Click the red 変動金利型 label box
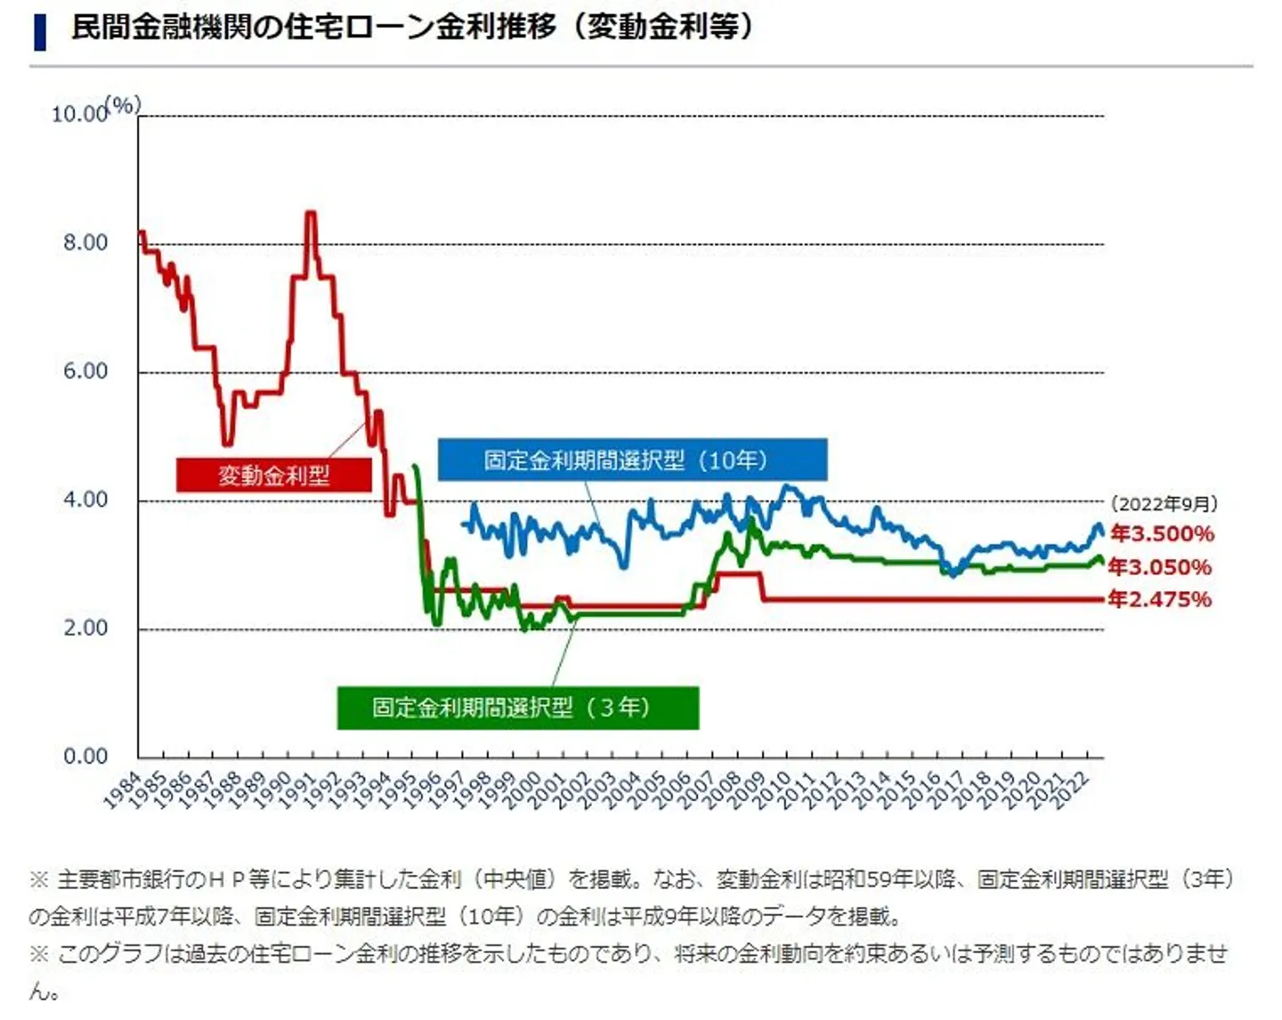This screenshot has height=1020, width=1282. tap(273, 475)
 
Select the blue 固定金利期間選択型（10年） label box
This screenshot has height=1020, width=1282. tap(632, 460)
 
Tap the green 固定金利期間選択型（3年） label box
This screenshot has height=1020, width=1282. tap(517, 708)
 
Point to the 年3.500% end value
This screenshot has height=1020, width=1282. tap(1162, 534)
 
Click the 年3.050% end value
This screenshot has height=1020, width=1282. tap(1160, 567)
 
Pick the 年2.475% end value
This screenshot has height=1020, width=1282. tap(1160, 599)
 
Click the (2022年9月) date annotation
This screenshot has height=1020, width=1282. tap(1164, 504)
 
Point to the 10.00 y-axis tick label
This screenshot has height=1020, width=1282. tap(78, 115)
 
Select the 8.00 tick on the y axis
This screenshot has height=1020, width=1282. tap(85, 243)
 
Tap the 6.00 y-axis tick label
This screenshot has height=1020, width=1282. tap(85, 371)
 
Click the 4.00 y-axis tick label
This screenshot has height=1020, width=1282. tap(85, 499)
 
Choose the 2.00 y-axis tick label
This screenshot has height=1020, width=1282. tap(85, 627)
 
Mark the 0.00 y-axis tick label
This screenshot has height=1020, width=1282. tap(85, 757)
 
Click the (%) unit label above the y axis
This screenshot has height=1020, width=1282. tap(124, 105)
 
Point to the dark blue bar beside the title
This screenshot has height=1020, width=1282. tap(39, 31)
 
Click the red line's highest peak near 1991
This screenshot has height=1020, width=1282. tap(310, 213)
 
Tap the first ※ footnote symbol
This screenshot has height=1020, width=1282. tap(39, 880)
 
